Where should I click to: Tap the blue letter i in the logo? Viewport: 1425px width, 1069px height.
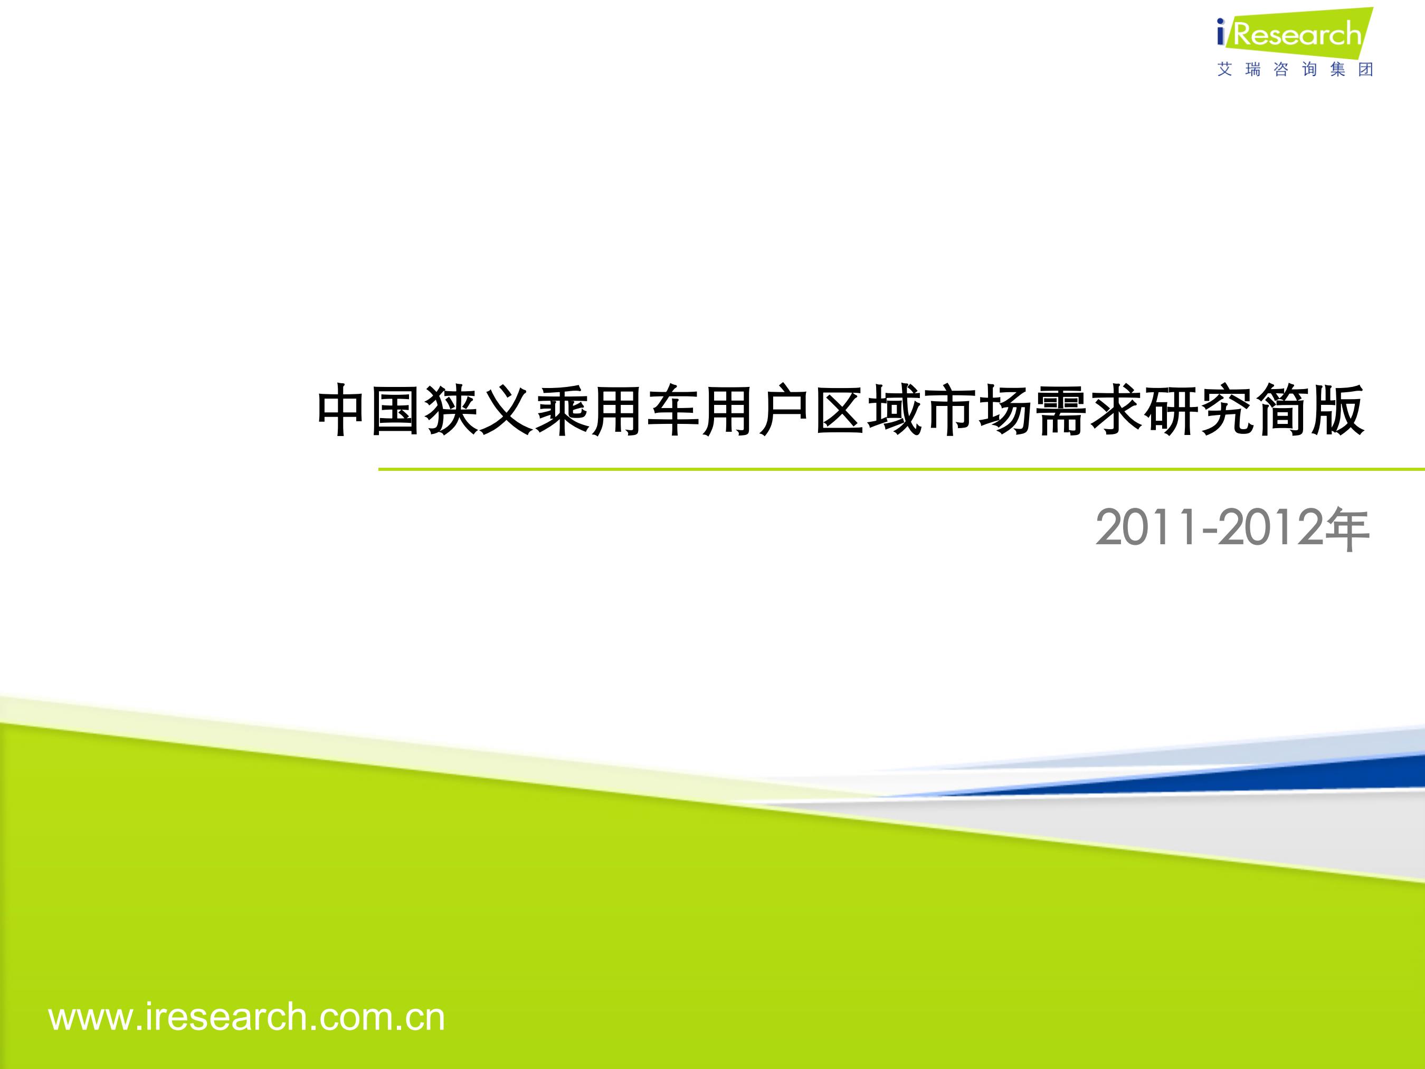pyautogui.click(x=1221, y=33)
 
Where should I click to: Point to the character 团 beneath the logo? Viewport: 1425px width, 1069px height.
pyautogui.click(x=1366, y=69)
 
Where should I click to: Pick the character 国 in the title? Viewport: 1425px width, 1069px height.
pyautogui.click(x=397, y=411)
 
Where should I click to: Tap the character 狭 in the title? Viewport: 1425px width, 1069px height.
pyautogui.click(x=452, y=411)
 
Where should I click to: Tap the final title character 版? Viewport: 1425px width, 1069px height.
pyautogui.click(x=1338, y=411)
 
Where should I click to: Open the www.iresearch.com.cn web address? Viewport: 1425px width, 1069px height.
pyautogui.click(x=246, y=1017)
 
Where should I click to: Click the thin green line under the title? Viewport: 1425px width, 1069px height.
pyautogui.click(x=901, y=470)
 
